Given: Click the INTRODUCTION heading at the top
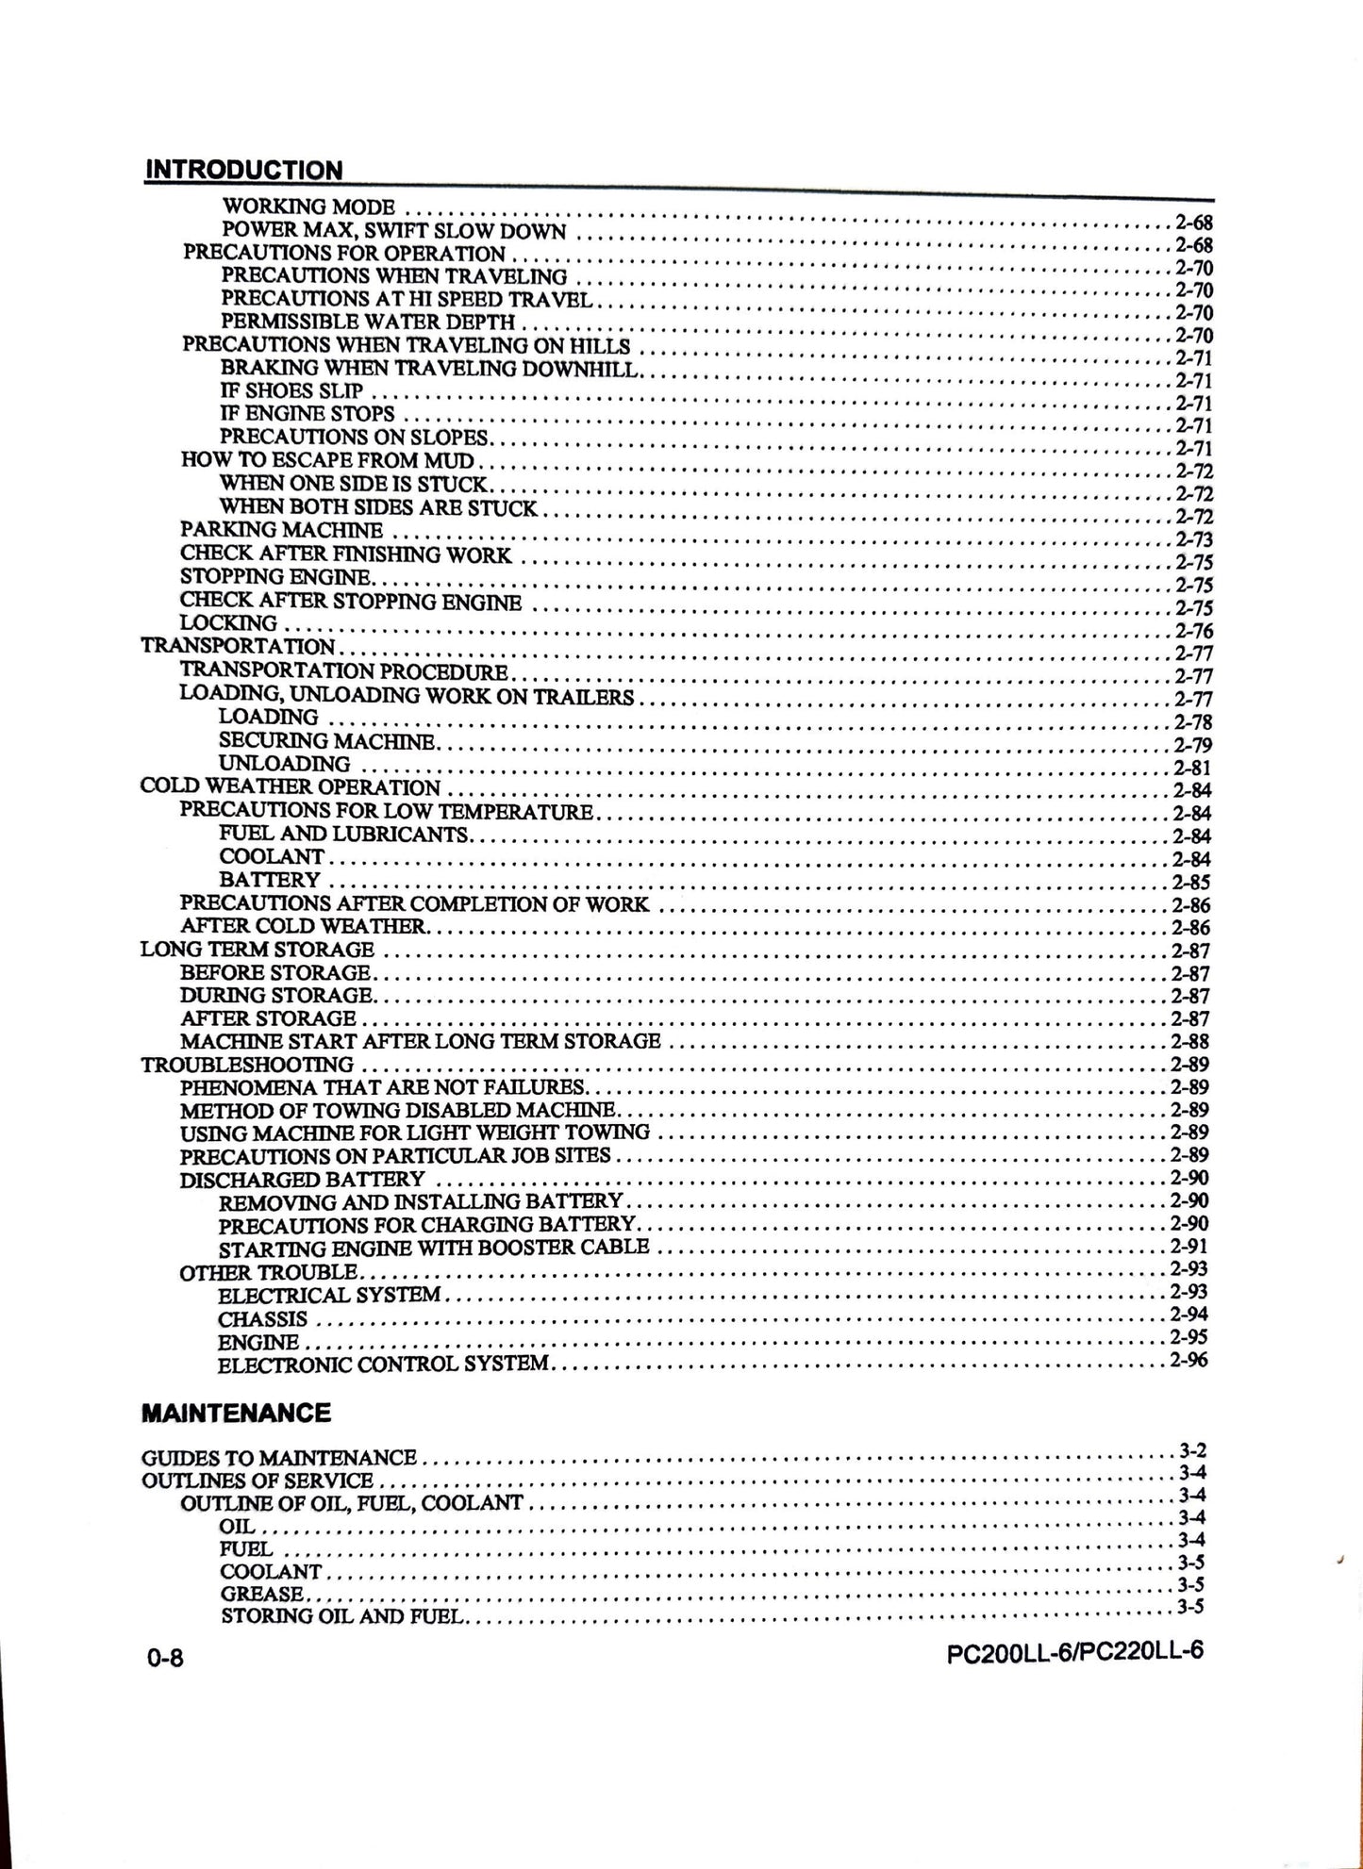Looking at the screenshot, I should tap(243, 171).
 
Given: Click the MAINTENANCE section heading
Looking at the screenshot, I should tap(236, 1413).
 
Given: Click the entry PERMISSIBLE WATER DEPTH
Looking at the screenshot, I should tap(368, 322).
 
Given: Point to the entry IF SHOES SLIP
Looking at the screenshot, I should tap(291, 390).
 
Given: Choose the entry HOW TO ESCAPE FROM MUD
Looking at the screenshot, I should tap(327, 460).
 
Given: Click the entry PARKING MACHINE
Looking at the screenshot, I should tap(281, 531).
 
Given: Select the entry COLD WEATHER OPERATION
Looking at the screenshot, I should tap(290, 786).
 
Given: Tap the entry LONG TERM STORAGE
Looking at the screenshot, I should tap(257, 950).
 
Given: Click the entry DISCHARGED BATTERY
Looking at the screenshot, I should tap(302, 1180).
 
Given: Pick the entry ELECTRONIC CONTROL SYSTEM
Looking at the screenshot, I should tap(382, 1364).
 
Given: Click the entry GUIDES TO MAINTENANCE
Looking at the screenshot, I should tap(278, 1458).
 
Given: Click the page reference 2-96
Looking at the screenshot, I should tap(1188, 1360).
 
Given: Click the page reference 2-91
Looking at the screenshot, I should tap(1189, 1246).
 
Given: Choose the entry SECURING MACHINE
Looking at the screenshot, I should tap(326, 741).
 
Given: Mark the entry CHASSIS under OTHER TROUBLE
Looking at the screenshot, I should tap(262, 1318).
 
